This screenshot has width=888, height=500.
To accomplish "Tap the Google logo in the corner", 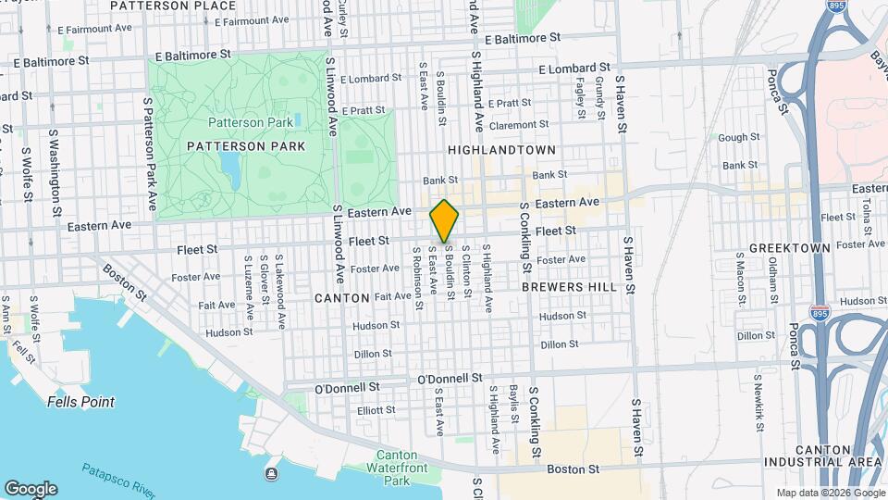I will tap(31, 488).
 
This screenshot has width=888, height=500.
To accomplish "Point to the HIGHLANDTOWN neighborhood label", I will tap(502, 150).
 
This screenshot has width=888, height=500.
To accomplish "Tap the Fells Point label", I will tap(81, 402).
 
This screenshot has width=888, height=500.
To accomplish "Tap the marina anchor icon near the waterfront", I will tap(270, 475).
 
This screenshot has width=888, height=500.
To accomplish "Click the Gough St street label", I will tap(738, 137).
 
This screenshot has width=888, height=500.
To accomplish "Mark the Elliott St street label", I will tap(376, 409).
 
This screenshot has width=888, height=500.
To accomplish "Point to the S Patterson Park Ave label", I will tap(149, 151).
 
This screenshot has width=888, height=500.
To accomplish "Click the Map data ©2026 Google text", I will tap(830, 493).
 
